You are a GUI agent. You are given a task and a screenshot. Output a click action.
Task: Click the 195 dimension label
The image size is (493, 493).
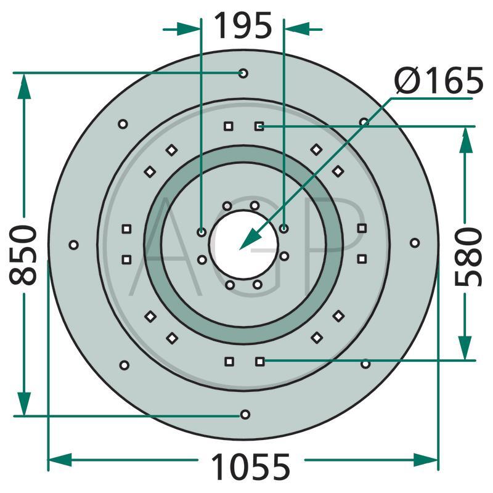point(243,25)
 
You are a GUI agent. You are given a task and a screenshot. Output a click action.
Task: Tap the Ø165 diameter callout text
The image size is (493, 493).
point(439,81)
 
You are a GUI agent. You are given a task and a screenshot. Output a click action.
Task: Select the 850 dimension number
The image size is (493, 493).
point(23,255)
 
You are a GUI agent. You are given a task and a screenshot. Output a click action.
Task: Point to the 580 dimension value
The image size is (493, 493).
point(468,257)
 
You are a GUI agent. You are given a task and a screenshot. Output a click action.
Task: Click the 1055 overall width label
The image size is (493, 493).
point(251,467)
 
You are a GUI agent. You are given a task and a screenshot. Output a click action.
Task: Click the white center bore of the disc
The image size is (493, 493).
point(243,245)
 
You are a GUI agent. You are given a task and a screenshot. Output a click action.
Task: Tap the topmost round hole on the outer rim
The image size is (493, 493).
point(243,73)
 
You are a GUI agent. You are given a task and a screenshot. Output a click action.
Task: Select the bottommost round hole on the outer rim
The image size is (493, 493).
point(245,414)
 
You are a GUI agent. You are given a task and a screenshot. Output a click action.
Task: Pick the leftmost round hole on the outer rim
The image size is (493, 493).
point(73,245)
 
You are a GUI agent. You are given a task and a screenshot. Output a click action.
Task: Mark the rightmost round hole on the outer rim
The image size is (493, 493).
point(415,243)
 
